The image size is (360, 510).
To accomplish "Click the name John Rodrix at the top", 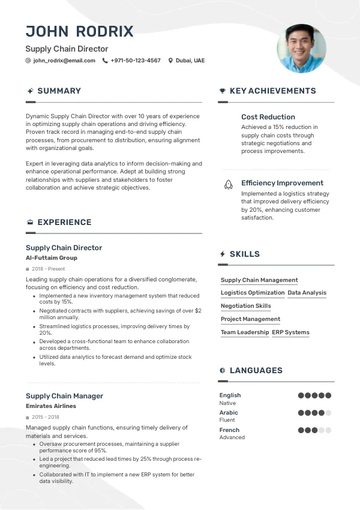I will (x=79, y=31).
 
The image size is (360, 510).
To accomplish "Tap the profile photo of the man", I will (x=301, y=48).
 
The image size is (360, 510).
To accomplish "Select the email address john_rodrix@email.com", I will (x=64, y=61).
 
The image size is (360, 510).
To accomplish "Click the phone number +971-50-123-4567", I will (x=135, y=61).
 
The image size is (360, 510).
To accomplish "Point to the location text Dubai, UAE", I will (x=190, y=61).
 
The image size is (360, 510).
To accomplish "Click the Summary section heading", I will (x=59, y=91).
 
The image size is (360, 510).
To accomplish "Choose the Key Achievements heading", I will (x=272, y=91).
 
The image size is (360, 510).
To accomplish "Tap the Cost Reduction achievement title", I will (x=268, y=117).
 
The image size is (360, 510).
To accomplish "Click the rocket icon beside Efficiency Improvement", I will (x=228, y=185).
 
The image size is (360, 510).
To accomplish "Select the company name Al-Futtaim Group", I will (x=51, y=258).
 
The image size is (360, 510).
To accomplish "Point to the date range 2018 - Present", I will (x=49, y=269).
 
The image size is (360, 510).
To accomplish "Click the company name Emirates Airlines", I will (x=50, y=406).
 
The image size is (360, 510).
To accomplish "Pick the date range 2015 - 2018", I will (x=46, y=417).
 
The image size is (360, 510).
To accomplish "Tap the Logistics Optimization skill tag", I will (x=252, y=293).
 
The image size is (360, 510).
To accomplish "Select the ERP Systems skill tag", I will (x=290, y=332).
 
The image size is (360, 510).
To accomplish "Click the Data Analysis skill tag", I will (x=307, y=293).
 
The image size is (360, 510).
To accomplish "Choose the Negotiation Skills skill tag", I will (x=245, y=306).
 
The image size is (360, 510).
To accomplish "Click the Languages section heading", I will (x=256, y=371).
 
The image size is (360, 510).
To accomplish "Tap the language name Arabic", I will (x=229, y=413).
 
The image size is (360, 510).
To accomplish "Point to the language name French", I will (x=229, y=430).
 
